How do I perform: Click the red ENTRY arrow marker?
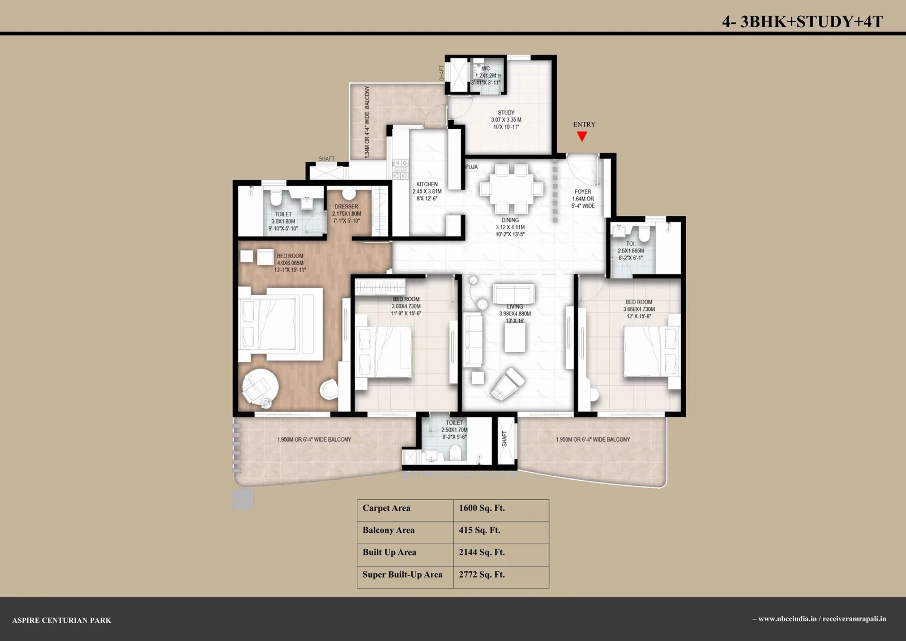point(582,136)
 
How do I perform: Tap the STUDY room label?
point(506,113)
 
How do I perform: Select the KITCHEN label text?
point(427,184)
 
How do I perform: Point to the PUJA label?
point(472,166)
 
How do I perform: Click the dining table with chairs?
point(512,189)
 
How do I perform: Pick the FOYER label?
point(583,192)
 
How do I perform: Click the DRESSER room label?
point(346,206)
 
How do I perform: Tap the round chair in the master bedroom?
point(260,387)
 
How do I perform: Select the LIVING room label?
point(515,306)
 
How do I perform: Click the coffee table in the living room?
point(515,338)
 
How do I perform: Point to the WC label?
point(486,69)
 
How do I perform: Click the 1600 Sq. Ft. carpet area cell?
point(482,508)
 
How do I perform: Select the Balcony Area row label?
point(388,530)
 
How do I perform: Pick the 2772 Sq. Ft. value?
point(482,575)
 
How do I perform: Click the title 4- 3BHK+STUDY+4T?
point(802,22)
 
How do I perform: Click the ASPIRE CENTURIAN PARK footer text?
point(62,621)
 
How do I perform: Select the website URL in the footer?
point(822,619)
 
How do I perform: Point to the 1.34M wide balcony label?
point(367,122)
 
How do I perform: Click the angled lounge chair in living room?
point(508,383)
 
